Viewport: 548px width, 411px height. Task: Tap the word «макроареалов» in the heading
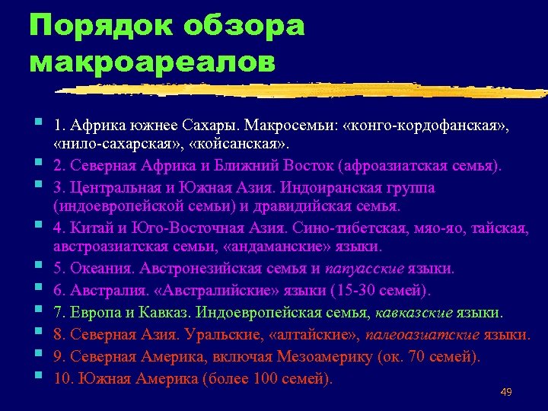(x=151, y=62)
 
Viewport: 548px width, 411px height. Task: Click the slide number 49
(x=506, y=392)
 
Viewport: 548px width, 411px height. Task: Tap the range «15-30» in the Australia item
(x=349, y=290)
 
